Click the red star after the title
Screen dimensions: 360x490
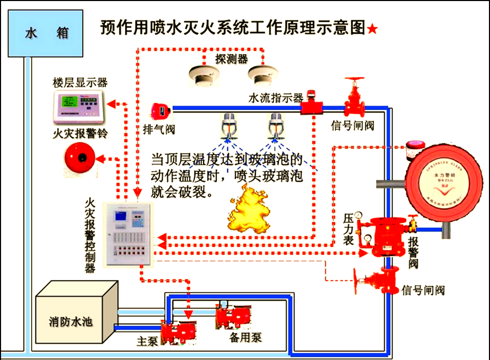tap(372, 30)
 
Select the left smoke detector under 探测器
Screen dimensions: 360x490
tap(200, 76)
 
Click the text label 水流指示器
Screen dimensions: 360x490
tap(276, 98)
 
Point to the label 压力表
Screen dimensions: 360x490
tap(349, 229)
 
